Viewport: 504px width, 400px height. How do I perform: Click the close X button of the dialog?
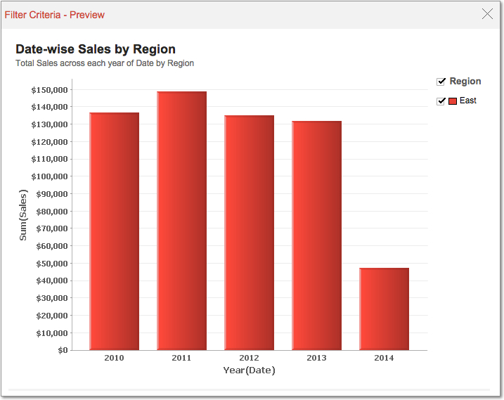point(487,13)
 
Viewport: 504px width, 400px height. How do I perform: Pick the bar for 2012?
point(249,232)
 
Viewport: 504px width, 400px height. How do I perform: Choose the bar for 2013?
point(316,235)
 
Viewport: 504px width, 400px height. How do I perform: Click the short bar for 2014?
point(384,309)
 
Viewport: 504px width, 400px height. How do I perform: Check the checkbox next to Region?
point(441,82)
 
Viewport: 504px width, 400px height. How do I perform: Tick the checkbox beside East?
point(441,101)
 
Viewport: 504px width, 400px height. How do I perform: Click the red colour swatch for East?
point(453,101)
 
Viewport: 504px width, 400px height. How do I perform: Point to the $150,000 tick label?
point(49,90)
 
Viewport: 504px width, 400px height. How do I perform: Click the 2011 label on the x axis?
point(181,358)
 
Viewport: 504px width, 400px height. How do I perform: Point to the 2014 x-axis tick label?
point(384,358)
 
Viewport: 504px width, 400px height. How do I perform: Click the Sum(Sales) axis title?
point(23,215)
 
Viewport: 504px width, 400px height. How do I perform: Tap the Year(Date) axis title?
point(249,370)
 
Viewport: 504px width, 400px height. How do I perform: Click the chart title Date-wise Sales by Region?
point(96,49)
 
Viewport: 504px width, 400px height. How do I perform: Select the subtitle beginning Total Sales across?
point(105,63)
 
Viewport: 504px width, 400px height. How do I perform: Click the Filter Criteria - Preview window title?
point(55,15)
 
